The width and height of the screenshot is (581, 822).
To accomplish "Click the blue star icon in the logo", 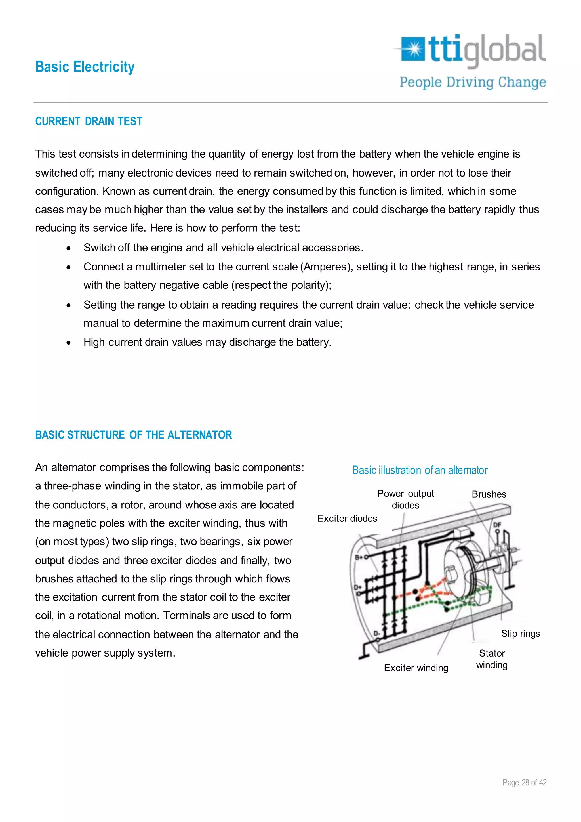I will [x=413, y=49].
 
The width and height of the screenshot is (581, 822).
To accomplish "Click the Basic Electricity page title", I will [x=85, y=67].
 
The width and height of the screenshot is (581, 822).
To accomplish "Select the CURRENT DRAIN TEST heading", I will [x=89, y=121].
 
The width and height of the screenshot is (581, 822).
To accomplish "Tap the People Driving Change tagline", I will [x=473, y=82].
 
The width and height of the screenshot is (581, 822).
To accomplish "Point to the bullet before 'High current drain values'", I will [x=69, y=343].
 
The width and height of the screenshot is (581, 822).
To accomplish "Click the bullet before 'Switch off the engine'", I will [x=69, y=248].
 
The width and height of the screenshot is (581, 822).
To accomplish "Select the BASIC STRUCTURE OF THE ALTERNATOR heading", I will [x=133, y=435].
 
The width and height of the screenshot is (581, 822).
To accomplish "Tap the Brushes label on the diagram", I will [x=489, y=494].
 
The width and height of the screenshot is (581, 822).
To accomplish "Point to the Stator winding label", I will [x=492, y=659].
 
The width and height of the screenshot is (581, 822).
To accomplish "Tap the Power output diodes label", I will [x=405, y=500].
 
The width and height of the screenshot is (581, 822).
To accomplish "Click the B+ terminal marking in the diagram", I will [x=359, y=557].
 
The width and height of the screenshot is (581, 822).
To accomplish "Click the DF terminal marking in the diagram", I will [x=497, y=525].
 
